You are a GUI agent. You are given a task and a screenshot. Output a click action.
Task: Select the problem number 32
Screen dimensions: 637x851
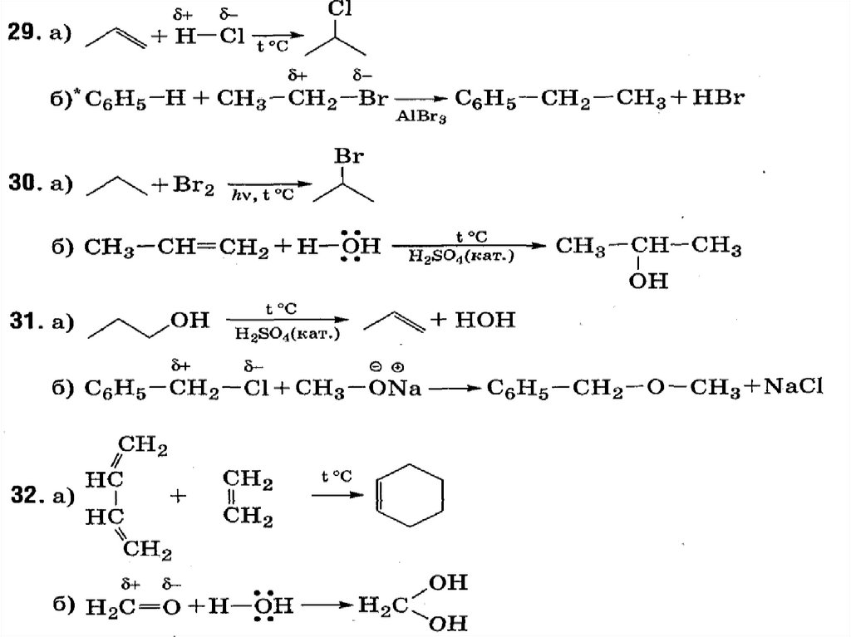pyautogui.click(x=27, y=497)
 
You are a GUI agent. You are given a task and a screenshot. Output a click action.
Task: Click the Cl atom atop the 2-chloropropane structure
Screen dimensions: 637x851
pyautogui.click(x=337, y=10)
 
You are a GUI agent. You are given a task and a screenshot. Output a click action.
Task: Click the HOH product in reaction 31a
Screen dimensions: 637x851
pyautogui.click(x=485, y=320)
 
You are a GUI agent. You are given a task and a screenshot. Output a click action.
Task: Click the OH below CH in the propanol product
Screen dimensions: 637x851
pyautogui.click(x=648, y=282)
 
